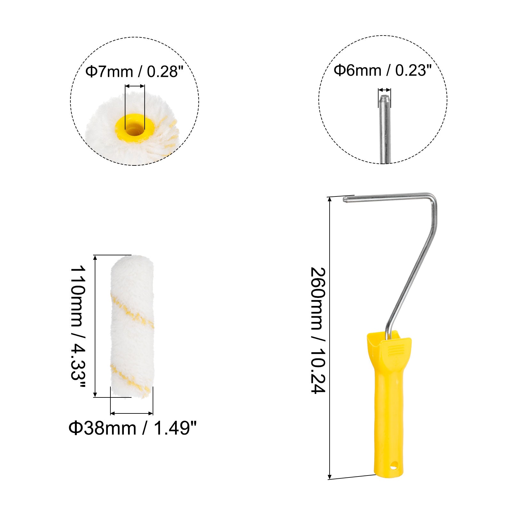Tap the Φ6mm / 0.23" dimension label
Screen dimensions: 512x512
[383, 70]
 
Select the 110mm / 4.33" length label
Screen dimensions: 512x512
[78, 327]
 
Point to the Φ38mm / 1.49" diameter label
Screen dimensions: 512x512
[132, 428]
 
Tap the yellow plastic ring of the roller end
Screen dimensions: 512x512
[135, 128]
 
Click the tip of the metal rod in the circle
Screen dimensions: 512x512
[384, 96]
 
